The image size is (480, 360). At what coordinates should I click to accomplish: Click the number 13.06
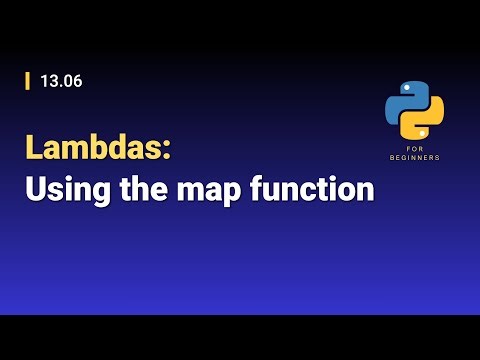click(x=61, y=82)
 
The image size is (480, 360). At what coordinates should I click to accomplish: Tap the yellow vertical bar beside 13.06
click(x=28, y=82)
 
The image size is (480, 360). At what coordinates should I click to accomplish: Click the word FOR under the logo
click(x=414, y=149)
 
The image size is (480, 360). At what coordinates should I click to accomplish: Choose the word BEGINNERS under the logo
click(x=414, y=158)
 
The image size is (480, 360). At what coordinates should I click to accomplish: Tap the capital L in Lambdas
click(x=34, y=148)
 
